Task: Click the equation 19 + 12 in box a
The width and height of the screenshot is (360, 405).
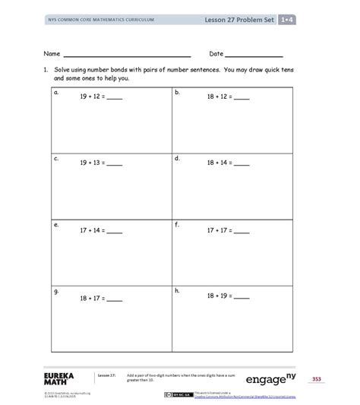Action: pyautogui.click(x=100, y=97)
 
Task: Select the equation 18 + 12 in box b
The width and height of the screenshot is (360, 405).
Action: pyautogui.click(x=227, y=97)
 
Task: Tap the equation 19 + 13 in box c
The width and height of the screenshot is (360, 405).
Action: pyautogui.click(x=100, y=163)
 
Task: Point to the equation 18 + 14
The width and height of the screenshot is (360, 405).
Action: pyautogui.click(x=227, y=163)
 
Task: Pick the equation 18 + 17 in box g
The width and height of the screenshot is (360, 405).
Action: pyautogui.click(x=100, y=300)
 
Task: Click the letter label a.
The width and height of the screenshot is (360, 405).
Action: pyautogui.click(x=55, y=91)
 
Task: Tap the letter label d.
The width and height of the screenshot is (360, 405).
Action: pyautogui.click(x=177, y=158)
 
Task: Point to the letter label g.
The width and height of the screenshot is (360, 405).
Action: pyautogui.click(x=55, y=291)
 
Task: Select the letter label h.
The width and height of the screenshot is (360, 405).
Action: pyautogui.click(x=177, y=290)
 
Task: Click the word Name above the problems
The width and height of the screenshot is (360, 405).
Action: pyautogui.click(x=51, y=54)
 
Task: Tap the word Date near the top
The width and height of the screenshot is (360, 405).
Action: pyautogui.click(x=216, y=54)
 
